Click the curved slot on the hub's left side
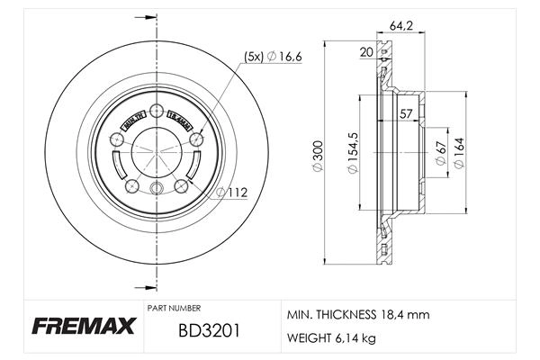tap(117, 166)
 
